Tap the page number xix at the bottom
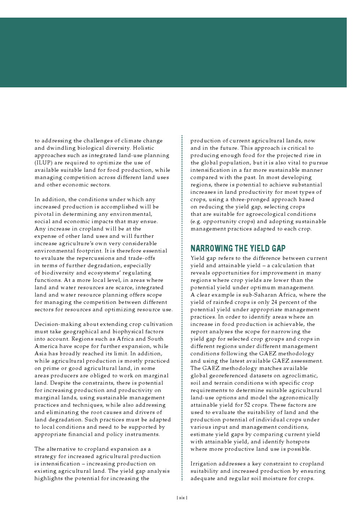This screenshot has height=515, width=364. tap(182, 498)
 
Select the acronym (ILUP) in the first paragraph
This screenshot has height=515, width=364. tap(43, 163)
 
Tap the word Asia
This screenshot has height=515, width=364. tap(41, 353)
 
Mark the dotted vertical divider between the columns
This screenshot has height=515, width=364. tap(182, 308)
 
